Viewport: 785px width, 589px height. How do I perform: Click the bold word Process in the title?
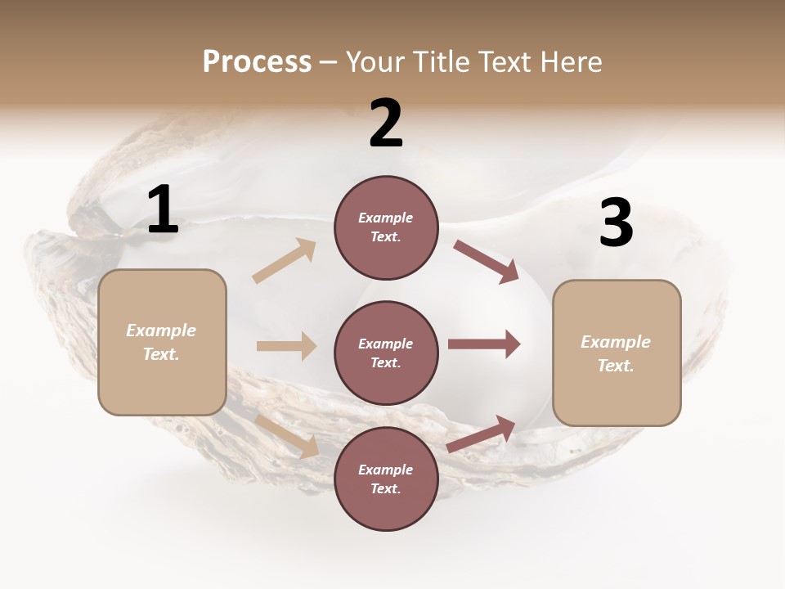click(257, 62)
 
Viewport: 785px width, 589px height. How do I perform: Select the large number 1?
click(163, 210)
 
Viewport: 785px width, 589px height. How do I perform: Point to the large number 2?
click(386, 124)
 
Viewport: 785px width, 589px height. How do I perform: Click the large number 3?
click(616, 223)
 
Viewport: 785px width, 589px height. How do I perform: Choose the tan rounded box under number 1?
click(162, 342)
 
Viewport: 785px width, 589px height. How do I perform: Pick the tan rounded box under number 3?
click(617, 353)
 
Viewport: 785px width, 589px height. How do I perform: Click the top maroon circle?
click(386, 227)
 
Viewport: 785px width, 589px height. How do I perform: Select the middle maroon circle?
click(386, 353)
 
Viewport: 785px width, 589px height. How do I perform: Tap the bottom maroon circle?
click(386, 479)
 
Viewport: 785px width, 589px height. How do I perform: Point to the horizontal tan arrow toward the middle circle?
click(286, 346)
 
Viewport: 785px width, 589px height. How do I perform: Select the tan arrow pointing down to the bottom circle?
click(287, 436)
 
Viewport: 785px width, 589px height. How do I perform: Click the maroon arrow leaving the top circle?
click(486, 261)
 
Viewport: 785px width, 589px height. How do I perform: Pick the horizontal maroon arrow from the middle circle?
click(484, 344)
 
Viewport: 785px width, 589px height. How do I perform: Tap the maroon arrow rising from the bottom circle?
click(482, 434)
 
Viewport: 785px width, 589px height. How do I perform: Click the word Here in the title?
click(571, 62)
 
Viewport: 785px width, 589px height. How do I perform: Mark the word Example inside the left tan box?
click(161, 330)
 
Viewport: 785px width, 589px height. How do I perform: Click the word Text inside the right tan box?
click(616, 366)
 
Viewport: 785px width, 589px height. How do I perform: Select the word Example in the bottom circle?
click(386, 470)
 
